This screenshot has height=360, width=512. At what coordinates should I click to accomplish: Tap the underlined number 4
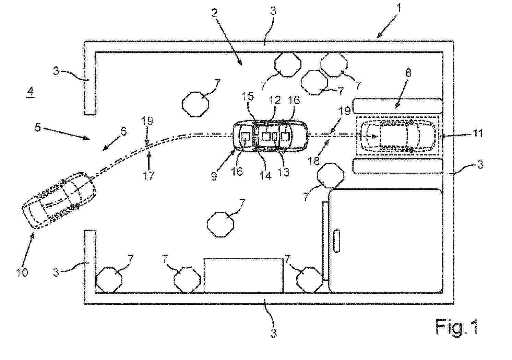[31, 92]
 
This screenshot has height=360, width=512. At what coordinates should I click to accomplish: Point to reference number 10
[22, 272]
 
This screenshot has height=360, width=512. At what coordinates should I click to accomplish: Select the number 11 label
[477, 133]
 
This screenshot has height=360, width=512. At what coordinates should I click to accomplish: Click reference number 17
[148, 176]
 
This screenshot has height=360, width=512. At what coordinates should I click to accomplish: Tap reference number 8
[408, 73]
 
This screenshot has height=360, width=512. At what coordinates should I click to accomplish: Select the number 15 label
[248, 96]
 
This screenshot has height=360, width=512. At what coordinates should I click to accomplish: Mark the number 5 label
[38, 127]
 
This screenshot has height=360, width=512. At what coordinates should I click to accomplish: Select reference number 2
[214, 13]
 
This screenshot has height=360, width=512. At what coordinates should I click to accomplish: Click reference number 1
[398, 9]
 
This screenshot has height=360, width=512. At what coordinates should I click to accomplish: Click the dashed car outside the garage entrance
[59, 200]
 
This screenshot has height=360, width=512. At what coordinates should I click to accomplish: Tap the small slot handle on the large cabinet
[336, 241]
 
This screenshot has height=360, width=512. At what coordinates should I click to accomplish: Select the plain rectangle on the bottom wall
[243, 275]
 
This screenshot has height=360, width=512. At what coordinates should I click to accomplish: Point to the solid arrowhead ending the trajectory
[374, 137]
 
